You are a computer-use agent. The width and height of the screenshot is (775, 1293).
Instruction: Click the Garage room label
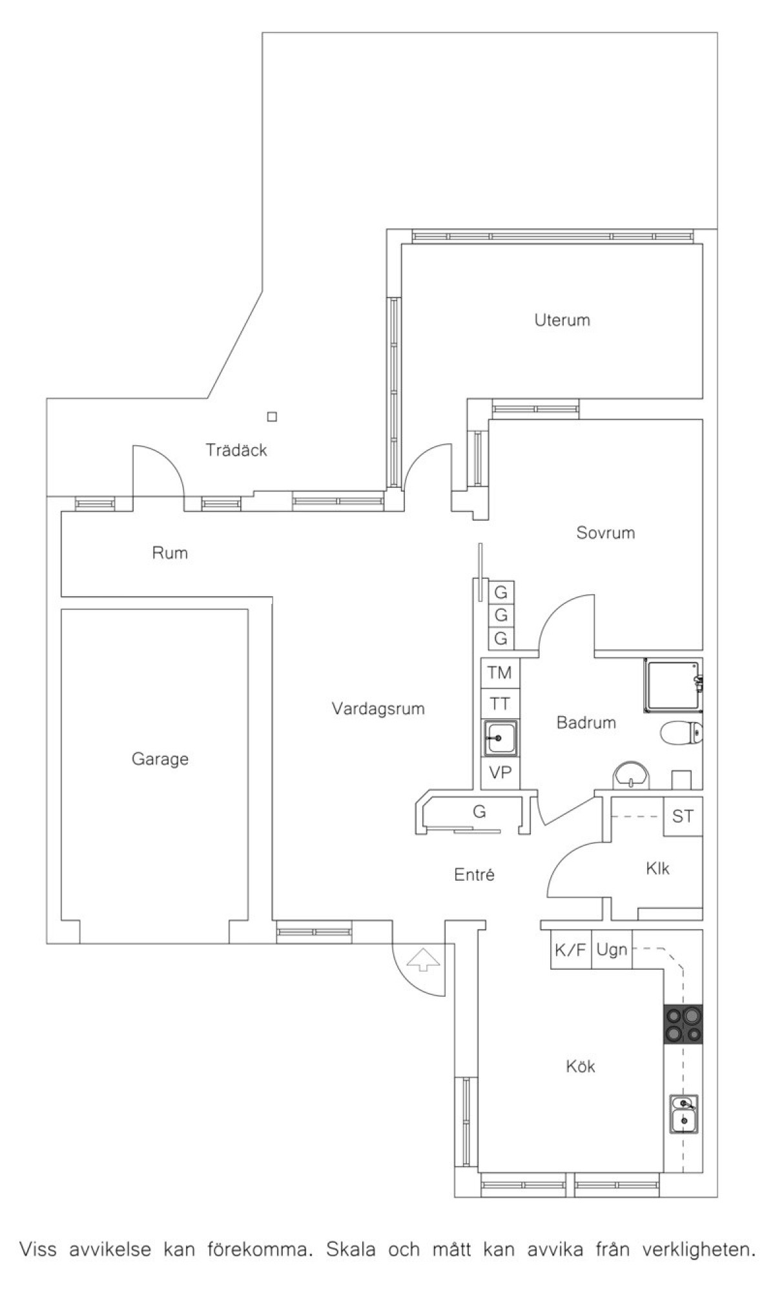click(x=160, y=759)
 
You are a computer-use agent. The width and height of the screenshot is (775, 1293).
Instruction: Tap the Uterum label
click(x=562, y=320)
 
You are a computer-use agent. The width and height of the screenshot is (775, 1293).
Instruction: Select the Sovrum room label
click(x=606, y=533)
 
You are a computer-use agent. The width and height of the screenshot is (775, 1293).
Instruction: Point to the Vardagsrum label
click(x=378, y=709)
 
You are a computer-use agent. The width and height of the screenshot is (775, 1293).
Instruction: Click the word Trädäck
click(x=236, y=450)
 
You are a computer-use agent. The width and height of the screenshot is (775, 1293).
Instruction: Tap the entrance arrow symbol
click(x=423, y=959)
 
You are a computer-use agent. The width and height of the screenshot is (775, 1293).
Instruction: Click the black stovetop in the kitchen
click(x=683, y=1024)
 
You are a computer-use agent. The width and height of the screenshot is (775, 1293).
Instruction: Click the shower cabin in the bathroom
click(x=673, y=685)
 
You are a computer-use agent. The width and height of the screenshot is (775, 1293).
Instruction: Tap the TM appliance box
click(x=500, y=673)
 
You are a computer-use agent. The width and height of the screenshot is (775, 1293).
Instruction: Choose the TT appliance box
click(x=500, y=704)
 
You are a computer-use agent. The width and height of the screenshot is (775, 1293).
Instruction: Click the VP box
click(x=500, y=772)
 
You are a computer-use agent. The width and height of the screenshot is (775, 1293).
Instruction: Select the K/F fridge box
click(x=570, y=950)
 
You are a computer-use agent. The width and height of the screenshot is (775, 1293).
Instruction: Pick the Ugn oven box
click(x=612, y=950)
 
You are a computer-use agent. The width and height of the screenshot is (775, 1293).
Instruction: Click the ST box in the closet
click(x=683, y=817)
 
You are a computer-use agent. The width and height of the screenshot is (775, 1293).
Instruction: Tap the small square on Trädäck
click(x=273, y=417)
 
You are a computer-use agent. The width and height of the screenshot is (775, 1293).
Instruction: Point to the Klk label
click(x=657, y=868)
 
